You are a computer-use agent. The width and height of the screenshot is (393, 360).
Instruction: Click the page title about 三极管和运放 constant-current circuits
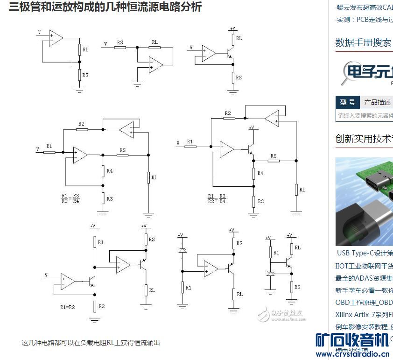tap(105, 7)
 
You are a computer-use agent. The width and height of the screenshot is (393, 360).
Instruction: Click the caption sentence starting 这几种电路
tap(91, 343)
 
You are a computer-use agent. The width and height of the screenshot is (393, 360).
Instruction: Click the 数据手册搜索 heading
tap(363, 42)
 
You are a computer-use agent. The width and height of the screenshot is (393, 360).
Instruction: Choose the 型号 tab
tap(347, 102)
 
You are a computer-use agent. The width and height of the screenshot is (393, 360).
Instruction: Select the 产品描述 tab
tap(377, 102)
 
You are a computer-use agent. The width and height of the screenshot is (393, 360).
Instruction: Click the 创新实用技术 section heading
tap(364, 139)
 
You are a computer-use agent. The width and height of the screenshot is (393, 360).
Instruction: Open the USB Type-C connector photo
tap(364, 201)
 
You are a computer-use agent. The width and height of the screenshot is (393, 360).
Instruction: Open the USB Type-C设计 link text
tap(365, 253)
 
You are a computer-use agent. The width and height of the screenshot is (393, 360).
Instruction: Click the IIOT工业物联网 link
tap(364, 266)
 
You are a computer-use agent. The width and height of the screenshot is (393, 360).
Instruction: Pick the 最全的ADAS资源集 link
tap(364, 278)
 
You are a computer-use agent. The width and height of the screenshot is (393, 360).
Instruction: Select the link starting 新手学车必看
tap(364, 290)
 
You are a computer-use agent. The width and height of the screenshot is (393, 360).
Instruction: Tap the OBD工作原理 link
tap(364, 302)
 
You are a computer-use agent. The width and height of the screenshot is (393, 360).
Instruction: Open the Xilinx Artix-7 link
tap(364, 314)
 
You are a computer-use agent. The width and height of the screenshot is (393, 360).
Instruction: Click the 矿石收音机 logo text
tap(352, 340)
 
